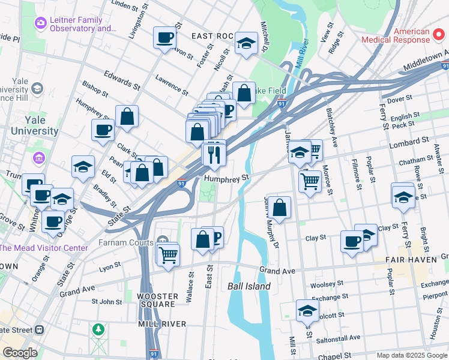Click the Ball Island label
click(x=249, y=286)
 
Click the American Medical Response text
click(x=396, y=35)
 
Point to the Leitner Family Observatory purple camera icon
click(x=41, y=23)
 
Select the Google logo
click(x=19, y=353)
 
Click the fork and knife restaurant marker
click(x=213, y=155)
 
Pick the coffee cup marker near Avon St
click(x=164, y=38)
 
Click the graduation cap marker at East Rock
click(x=246, y=43)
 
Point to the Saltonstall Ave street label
click(x=339, y=337)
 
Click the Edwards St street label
click(x=118, y=78)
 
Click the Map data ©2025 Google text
click(x=411, y=355)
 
